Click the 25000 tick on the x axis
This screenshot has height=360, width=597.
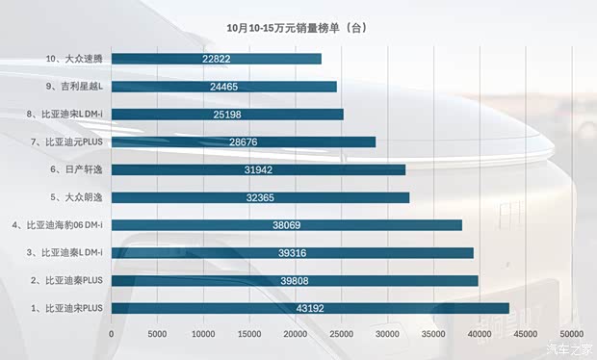(341, 335)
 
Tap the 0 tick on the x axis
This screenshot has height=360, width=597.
(113, 335)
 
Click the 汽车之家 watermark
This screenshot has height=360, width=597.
(570, 348)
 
